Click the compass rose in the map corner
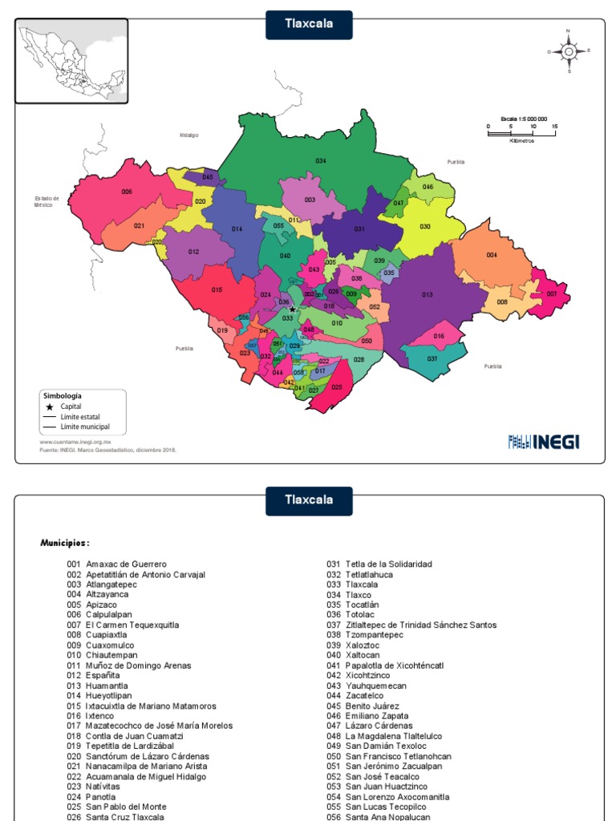[x=569, y=51]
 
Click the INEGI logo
[x=544, y=441]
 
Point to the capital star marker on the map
[x=292, y=309]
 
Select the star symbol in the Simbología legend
[x=49, y=406]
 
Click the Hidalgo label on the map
[x=188, y=135]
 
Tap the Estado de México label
[x=47, y=201]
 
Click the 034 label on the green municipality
[x=320, y=161]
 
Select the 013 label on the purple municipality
[x=428, y=295]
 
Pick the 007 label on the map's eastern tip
[x=552, y=294]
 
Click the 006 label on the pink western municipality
[x=127, y=192]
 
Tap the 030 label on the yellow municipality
[x=425, y=227]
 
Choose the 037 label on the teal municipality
[x=432, y=358]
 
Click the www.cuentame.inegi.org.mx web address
[x=75, y=442]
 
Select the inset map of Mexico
[x=71, y=62]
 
